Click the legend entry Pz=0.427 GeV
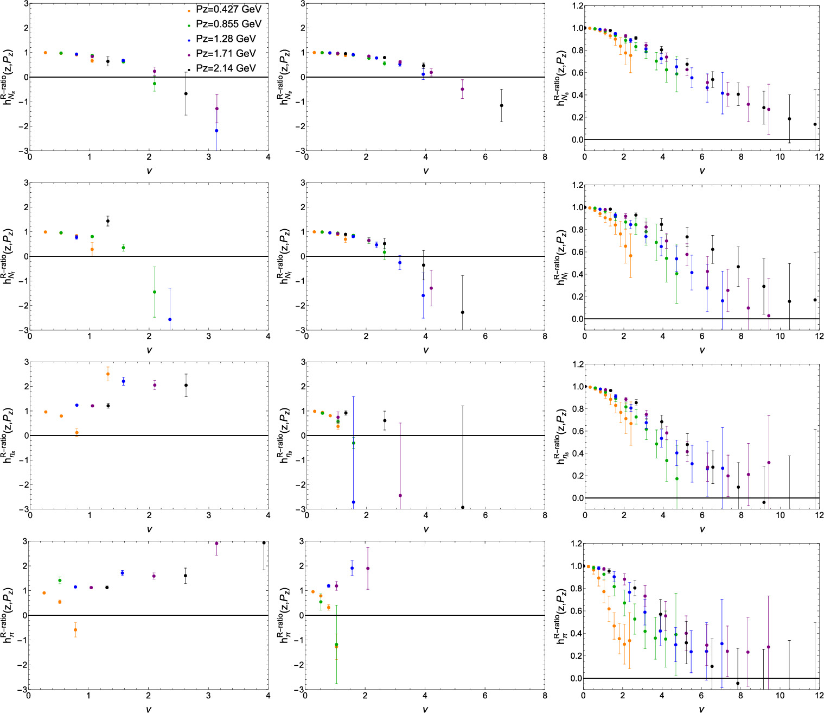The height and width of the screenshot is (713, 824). (x=228, y=10)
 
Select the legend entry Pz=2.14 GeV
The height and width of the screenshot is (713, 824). (x=228, y=68)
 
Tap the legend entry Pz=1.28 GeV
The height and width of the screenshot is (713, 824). (x=228, y=39)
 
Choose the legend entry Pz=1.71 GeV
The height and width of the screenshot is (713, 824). (x=228, y=54)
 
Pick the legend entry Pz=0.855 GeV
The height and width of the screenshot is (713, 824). (x=228, y=24)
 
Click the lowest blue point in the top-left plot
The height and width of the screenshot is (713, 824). (x=216, y=130)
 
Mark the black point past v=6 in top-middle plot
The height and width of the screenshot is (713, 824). (x=501, y=105)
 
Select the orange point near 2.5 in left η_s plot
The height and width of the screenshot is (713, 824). (x=108, y=374)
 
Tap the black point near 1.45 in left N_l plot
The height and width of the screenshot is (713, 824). (x=108, y=221)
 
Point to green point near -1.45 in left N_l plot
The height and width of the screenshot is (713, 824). (x=155, y=292)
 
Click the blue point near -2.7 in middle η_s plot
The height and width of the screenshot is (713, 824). (x=354, y=502)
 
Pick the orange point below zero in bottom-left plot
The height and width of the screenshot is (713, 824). (x=75, y=630)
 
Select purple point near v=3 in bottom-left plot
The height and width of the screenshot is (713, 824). (x=216, y=544)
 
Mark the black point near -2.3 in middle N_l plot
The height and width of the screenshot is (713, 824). (x=462, y=312)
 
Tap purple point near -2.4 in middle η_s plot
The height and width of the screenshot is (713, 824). (x=400, y=495)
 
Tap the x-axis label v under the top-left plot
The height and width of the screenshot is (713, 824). (x=149, y=171)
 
